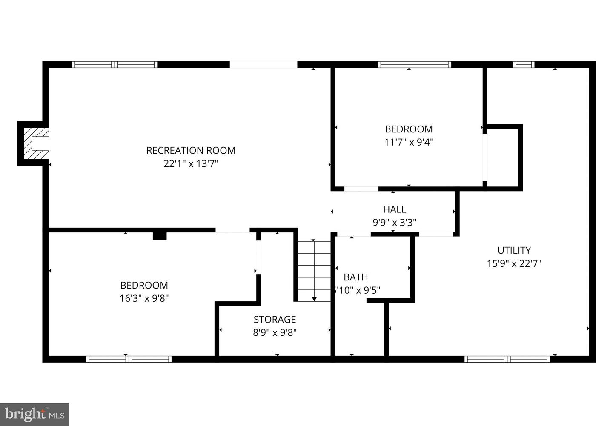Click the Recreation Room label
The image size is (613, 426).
point(191,150)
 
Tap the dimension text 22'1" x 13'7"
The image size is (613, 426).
point(191,163)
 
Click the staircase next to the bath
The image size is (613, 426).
point(314,271)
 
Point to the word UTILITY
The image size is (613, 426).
point(514,250)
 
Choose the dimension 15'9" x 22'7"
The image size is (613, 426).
point(514,263)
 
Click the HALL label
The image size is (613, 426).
point(395,209)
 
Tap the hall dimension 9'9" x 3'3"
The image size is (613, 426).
point(395,222)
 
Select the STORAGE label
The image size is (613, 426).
point(275,319)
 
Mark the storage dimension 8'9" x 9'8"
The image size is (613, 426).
point(275,332)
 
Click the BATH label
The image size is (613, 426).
point(356,277)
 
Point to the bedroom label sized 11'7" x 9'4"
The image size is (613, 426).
point(409,129)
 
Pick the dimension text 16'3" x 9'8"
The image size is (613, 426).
point(144,298)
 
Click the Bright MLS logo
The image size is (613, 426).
point(34,414)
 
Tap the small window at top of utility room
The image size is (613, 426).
point(523,65)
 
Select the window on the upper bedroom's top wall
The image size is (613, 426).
point(414,65)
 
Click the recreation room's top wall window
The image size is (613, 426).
point(115,65)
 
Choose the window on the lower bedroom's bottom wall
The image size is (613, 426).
point(129,359)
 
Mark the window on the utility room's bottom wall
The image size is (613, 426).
point(507,359)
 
